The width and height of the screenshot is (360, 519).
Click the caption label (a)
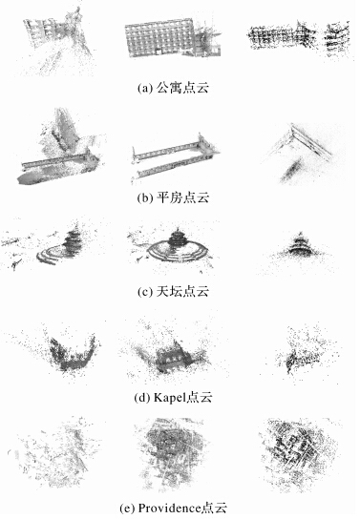145,89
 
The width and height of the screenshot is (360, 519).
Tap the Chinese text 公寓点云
182,88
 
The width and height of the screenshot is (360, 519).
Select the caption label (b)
145,197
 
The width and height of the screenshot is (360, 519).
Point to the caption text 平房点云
182,197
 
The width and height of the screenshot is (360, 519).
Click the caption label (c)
145,292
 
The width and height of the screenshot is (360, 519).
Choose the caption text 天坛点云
182,291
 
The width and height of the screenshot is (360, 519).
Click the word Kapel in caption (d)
169,397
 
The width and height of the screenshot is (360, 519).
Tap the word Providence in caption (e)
169,509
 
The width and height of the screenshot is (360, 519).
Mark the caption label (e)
127,509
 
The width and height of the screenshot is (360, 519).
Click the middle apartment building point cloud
173,37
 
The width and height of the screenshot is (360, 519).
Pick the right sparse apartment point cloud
298,38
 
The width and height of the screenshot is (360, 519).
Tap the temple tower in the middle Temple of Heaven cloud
178,238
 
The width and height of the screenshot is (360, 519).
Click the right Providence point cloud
298,453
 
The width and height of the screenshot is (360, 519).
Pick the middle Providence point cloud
172,453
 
